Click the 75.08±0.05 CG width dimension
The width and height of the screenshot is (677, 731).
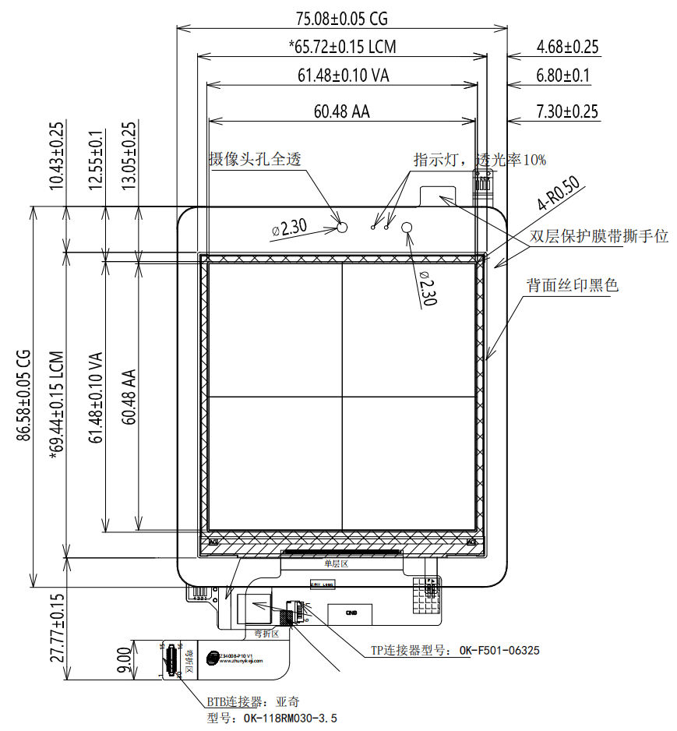point(342,17)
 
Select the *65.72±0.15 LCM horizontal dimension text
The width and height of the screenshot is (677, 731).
point(342,47)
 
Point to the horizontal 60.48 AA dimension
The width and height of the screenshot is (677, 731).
point(342,111)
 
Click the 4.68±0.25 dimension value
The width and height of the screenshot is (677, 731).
point(567,47)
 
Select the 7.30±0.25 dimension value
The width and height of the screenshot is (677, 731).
point(567,111)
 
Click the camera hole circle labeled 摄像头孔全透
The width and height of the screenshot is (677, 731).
point(341,227)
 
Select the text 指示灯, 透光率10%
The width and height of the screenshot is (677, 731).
point(479,160)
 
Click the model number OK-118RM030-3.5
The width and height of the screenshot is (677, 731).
point(272,719)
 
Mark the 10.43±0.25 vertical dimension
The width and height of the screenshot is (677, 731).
point(57,155)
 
